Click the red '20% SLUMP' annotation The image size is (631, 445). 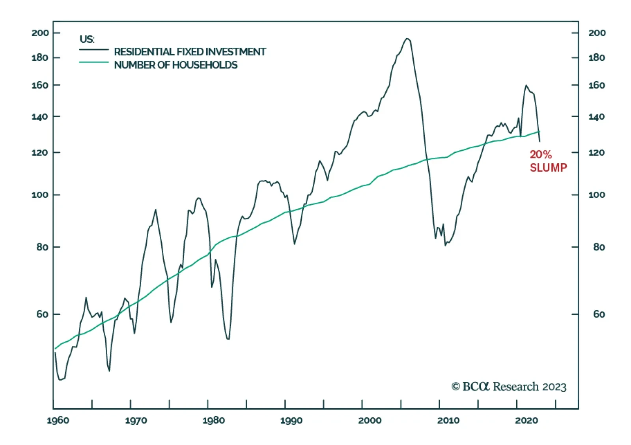(x=548, y=161)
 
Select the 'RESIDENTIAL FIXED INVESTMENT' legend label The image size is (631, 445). (x=190, y=52)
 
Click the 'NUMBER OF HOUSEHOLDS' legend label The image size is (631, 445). (x=175, y=65)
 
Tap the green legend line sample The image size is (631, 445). (x=93, y=62)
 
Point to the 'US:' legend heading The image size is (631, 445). (x=87, y=39)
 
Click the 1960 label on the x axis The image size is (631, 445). (x=58, y=421)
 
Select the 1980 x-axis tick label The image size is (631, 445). (x=213, y=421)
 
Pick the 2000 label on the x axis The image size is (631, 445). (x=370, y=421)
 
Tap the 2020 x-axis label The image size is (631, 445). (x=526, y=421)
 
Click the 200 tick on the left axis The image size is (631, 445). (x=40, y=33)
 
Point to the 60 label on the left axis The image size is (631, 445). (x=42, y=314)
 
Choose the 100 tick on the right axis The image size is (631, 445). (x=597, y=195)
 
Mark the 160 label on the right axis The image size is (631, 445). (x=597, y=85)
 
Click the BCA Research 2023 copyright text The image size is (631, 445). (x=509, y=387)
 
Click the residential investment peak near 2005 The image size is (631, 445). (x=407, y=39)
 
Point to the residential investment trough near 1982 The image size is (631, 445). (x=228, y=338)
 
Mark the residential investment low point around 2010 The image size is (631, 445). (x=445, y=245)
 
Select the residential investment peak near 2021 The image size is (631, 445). (x=526, y=85)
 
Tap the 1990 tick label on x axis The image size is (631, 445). (x=291, y=421)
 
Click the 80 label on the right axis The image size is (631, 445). (x=599, y=247)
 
